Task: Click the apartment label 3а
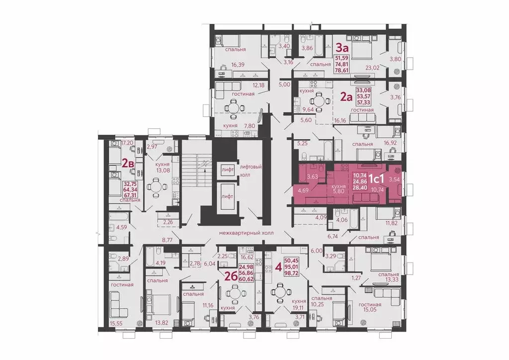click(341, 48)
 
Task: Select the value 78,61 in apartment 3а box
click(347, 71)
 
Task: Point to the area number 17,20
click(127, 143)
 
